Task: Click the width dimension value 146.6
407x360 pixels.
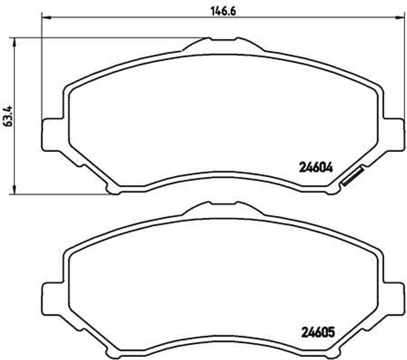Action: pos(223,11)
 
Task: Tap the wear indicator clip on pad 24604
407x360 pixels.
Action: pos(352,177)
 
